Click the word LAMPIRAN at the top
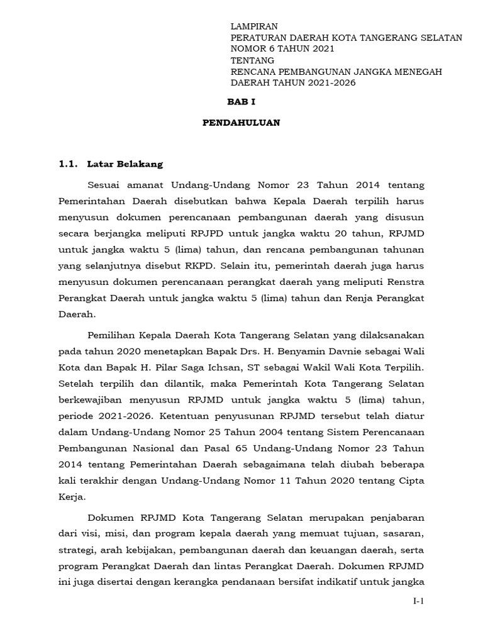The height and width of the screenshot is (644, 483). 254,26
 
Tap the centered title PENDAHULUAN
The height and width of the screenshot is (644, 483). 241,123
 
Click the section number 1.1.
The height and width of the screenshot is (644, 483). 67,164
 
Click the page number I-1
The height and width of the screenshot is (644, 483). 419,601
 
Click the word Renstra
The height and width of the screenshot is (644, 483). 405,277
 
